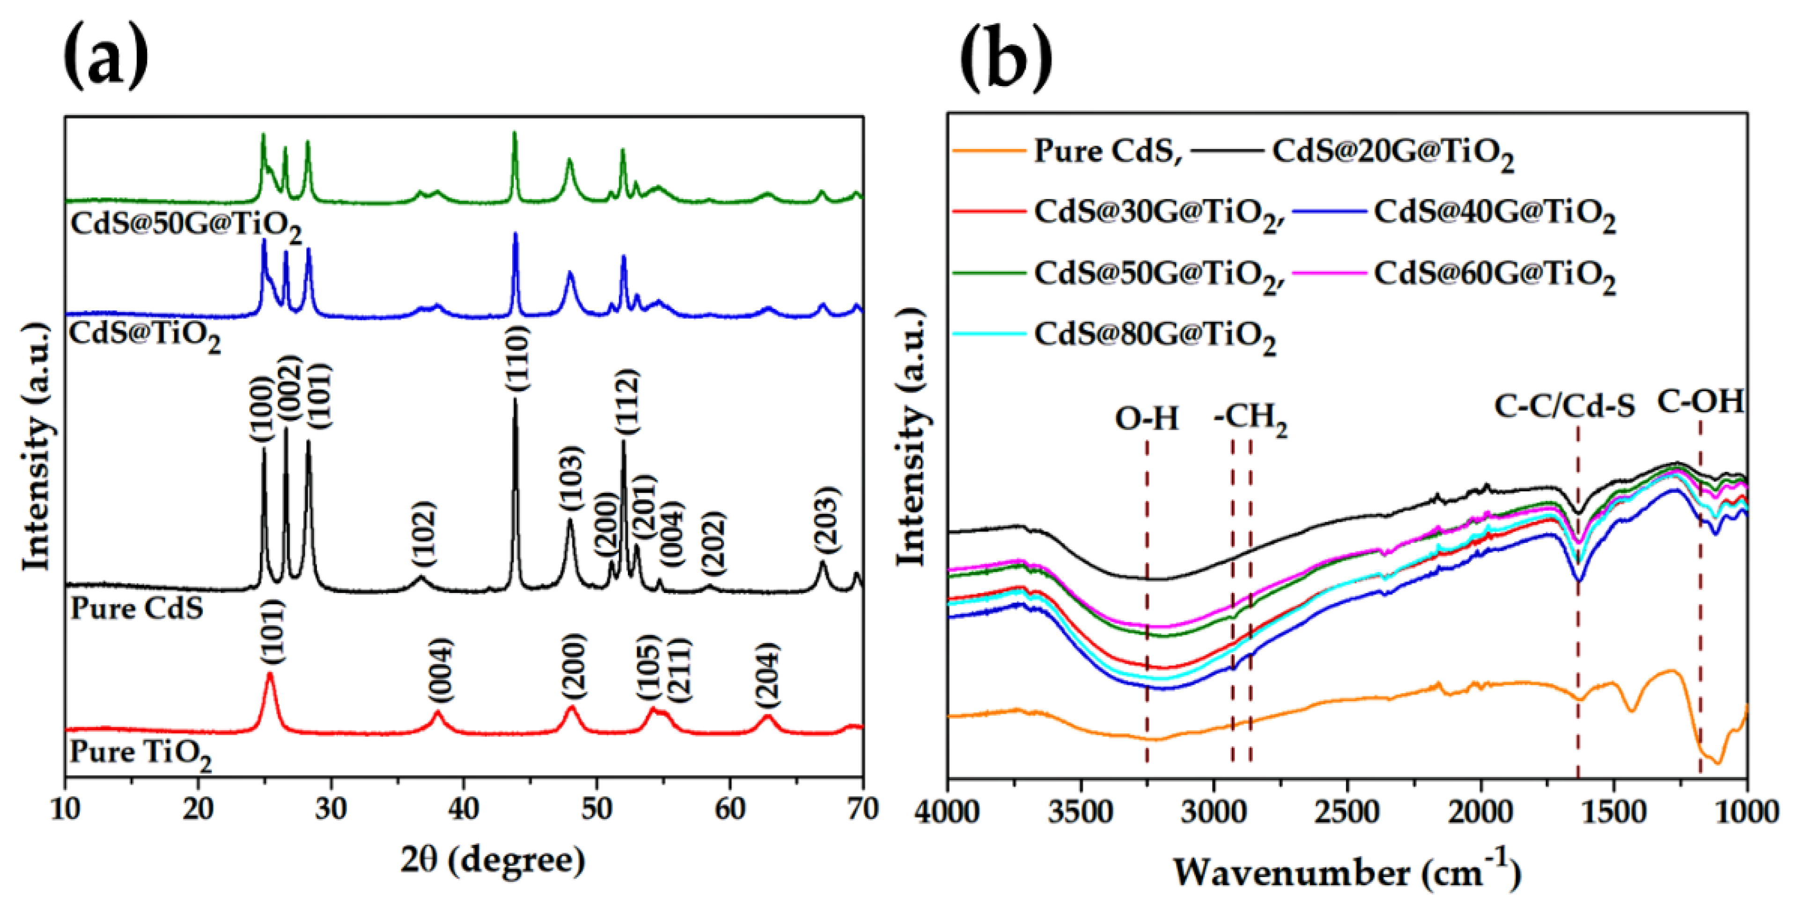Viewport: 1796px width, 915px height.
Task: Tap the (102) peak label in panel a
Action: click(422, 533)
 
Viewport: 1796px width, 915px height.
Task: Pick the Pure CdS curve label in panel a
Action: click(137, 608)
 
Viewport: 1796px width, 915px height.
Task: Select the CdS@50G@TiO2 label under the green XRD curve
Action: click(185, 226)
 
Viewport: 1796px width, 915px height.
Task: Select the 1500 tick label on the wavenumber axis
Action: click(1612, 813)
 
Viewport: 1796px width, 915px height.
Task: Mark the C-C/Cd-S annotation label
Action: click(1564, 406)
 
